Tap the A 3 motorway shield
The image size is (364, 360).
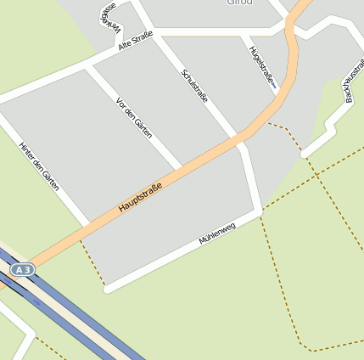(x=23, y=269)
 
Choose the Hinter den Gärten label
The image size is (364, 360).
(x=39, y=166)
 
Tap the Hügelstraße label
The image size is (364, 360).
(x=261, y=65)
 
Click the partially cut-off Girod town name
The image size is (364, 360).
(x=240, y=3)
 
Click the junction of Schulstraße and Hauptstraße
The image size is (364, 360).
(x=240, y=138)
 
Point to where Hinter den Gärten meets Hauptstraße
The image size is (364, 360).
(x=87, y=222)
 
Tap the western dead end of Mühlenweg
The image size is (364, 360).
(x=108, y=289)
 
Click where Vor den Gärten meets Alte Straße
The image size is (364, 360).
(x=89, y=65)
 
